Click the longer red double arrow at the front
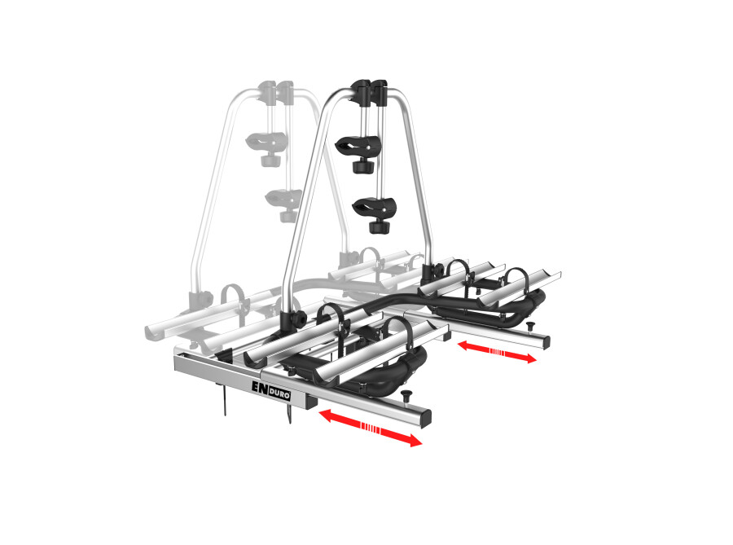[x=371, y=429]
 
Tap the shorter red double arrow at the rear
[x=496, y=352]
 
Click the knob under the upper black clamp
[x=359, y=166]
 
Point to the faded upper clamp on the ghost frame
[x=268, y=141]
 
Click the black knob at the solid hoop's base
[x=289, y=319]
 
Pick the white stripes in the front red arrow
[x=370, y=429]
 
